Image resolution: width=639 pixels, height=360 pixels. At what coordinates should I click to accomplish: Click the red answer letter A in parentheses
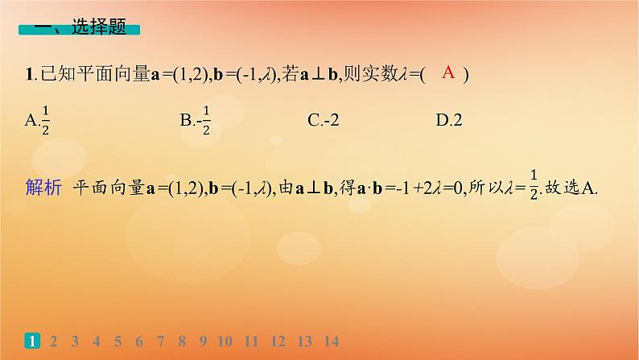pyautogui.click(x=449, y=73)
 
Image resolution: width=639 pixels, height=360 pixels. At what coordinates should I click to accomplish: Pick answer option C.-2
pyautogui.click(x=324, y=121)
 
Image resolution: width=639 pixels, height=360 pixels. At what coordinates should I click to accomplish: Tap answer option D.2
pyautogui.click(x=449, y=121)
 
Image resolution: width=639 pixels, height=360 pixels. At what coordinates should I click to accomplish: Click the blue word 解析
pyautogui.click(x=43, y=188)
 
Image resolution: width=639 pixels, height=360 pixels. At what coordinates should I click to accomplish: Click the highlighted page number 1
pyautogui.click(x=32, y=340)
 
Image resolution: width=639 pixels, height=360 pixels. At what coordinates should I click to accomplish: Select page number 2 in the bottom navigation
pyautogui.click(x=53, y=340)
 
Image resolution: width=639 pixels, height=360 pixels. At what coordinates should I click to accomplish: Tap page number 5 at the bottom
pyautogui.click(x=118, y=340)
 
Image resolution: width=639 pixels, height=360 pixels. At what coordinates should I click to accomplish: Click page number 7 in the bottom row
pyautogui.click(x=161, y=340)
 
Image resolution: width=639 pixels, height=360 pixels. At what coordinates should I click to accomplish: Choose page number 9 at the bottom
pyautogui.click(x=204, y=340)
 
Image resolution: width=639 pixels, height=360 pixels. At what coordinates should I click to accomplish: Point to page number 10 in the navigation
pyautogui.click(x=225, y=340)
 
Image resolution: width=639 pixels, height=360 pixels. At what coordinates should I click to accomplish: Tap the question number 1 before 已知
pyautogui.click(x=29, y=75)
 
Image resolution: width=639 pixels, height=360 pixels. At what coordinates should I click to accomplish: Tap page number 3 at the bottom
pyautogui.click(x=75, y=340)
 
